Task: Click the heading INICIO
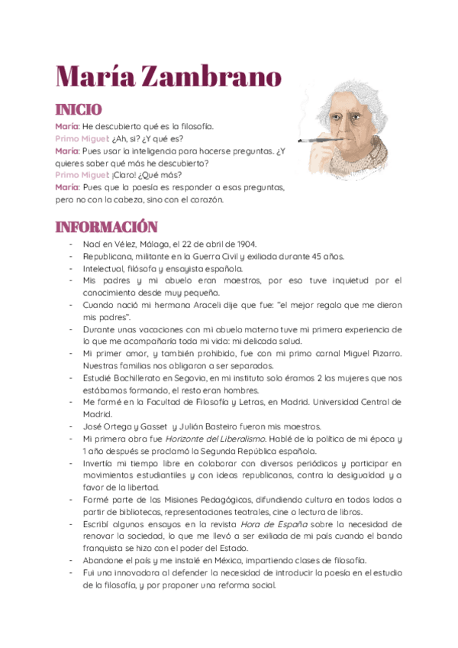tap(79, 110)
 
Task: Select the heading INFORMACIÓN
tap(106, 227)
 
